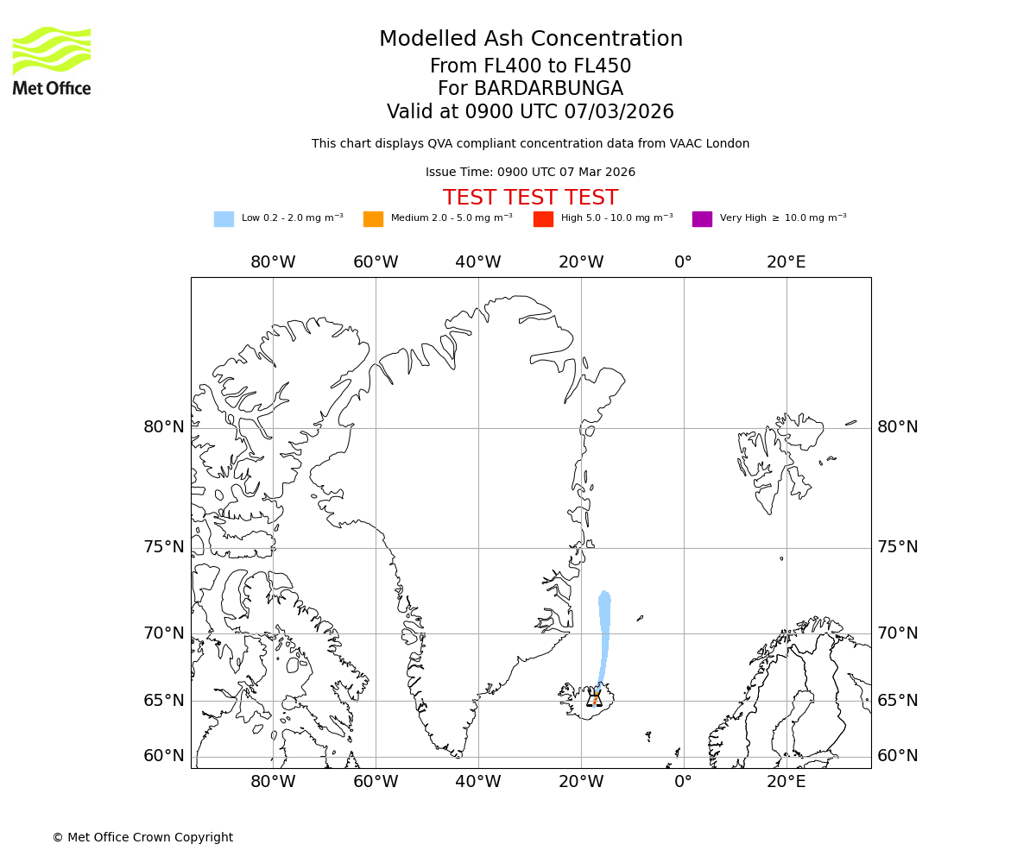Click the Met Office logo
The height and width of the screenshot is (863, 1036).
click(x=52, y=60)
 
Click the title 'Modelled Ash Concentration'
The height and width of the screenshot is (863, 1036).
click(x=530, y=39)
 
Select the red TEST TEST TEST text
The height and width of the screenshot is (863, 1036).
click(x=530, y=198)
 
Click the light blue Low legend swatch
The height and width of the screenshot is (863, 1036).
click(x=224, y=218)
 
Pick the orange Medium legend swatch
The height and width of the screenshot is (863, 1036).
click(x=373, y=218)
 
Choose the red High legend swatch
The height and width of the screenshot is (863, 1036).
click(x=543, y=218)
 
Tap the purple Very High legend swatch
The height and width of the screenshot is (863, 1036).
click(x=702, y=218)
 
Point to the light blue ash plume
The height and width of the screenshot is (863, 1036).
click(x=604, y=630)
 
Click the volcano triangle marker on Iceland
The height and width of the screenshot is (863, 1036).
click(x=594, y=700)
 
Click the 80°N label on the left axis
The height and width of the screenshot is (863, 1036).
click(x=164, y=427)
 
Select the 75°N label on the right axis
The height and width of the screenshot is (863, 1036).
click(x=898, y=547)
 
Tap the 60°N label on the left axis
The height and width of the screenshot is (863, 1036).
click(x=164, y=756)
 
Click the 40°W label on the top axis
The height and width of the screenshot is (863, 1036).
click(x=478, y=262)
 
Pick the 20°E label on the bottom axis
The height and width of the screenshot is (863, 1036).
click(x=786, y=783)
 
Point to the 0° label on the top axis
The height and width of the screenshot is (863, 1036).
click(x=684, y=262)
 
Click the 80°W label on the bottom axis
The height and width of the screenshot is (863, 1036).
click(x=273, y=783)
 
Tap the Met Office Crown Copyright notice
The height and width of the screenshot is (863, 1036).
click(x=142, y=837)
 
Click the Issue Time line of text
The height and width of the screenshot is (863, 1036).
click(x=530, y=172)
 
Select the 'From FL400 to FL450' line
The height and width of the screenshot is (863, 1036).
click(x=530, y=66)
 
